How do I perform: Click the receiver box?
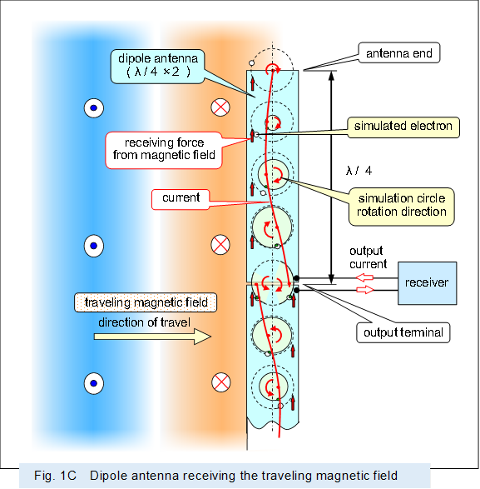pos(427,282)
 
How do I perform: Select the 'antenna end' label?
pos(398,54)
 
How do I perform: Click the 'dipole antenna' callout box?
pos(158,64)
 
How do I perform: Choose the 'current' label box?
pos(181,198)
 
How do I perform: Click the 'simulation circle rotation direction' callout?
pos(402,205)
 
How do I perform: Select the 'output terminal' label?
pos(403,332)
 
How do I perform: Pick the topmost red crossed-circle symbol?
pos(220,107)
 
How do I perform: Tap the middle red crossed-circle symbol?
pos(220,245)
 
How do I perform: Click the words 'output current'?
pos(368,257)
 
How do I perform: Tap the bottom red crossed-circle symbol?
pos(220,382)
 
